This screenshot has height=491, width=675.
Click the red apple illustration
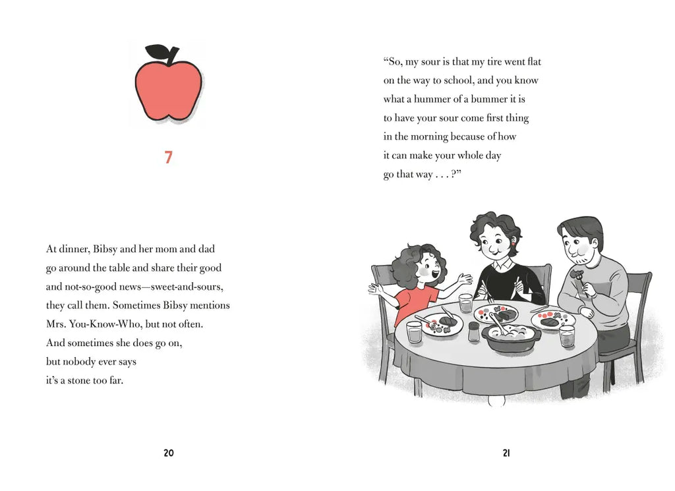pos(168,89)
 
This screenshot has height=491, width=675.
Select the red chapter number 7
pos(168,157)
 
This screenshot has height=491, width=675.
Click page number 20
pos(169,453)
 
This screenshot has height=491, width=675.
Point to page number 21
pos(506,453)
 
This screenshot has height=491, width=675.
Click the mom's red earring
pos(513,245)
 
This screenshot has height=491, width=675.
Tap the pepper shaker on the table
pos(473,332)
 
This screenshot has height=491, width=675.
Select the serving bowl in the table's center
pos(511,337)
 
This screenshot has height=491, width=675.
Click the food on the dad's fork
pos(577,274)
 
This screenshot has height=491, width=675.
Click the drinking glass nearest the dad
pos(567,335)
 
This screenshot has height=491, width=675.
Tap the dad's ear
pos(594,245)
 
